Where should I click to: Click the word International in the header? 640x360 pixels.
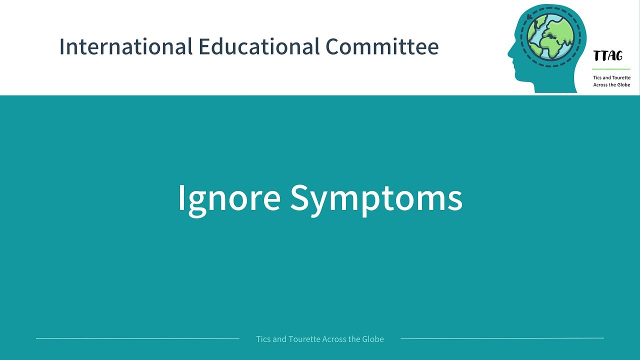[125, 46]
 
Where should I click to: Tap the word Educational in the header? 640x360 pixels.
[258, 46]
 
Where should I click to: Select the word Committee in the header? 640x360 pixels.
[382, 46]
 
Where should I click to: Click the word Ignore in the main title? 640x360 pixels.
[228, 197]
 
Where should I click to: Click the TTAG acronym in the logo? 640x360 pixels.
[608, 56]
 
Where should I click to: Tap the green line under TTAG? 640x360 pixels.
[611, 69]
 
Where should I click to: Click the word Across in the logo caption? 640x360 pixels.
[600, 85]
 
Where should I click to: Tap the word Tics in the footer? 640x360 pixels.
[263, 339]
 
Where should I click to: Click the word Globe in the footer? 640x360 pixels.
[373, 339]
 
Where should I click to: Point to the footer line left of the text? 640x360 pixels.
[137, 338]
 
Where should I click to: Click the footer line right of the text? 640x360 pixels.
[502, 338]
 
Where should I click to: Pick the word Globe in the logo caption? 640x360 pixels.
[623, 85]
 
